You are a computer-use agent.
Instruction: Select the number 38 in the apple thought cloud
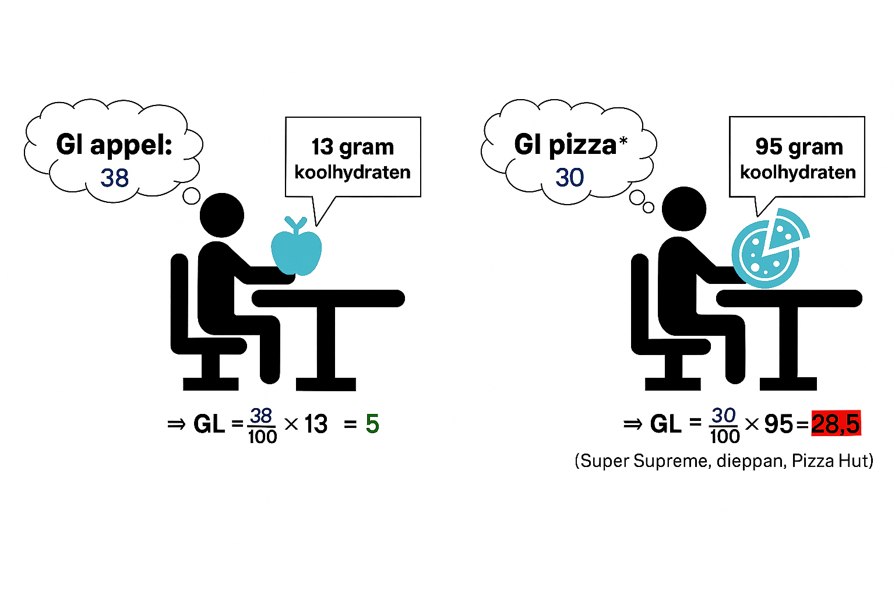pyautogui.click(x=114, y=178)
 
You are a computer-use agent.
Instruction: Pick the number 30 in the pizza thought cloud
pyautogui.click(x=569, y=177)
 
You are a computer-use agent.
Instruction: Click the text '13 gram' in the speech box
pyautogui.click(x=353, y=147)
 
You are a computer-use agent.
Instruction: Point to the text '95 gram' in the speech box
pyautogui.click(x=799, y=147)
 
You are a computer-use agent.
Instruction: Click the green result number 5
pyautogui.click(x=372, y=424)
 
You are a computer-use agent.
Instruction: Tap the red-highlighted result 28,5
pyautogui.click(x=836, y=424)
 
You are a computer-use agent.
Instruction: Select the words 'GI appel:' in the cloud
pyautogui.click(x=114, y=144)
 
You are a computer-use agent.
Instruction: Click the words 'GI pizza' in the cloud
pyautogui.click(x=565, y=144)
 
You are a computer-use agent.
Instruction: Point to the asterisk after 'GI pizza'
pyautogui.click(x=623, y=141)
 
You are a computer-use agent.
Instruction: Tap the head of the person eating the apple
pyautogui.click(x=222, y=215)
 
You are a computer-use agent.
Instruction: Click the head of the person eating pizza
pyautogui.click(x=684, y=209)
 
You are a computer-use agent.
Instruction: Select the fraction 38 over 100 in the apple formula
pyautogui.click(x=262, y=426)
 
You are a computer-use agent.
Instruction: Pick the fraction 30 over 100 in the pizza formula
pyautogui.click(x=724, y=426)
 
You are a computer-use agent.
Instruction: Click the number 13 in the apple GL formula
pyautogui.click(x=316, y=424)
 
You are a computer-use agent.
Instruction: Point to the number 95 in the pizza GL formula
pyautogui.click(x=778, y=424)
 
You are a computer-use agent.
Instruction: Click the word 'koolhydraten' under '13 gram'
pyautogui.click(x=353, y=173)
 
